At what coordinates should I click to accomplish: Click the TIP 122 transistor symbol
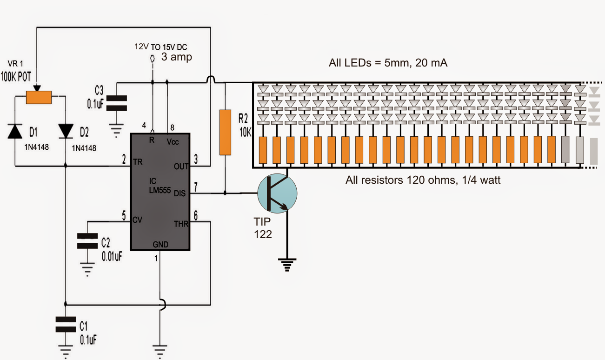click(277, 194)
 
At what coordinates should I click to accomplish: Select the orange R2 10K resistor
click(225, 132)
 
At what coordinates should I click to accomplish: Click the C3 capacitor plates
click(116, 103)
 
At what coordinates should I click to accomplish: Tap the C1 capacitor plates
click(65, 324)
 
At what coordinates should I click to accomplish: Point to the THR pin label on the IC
click(180, 224)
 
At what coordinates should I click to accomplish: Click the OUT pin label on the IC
click(180, 166)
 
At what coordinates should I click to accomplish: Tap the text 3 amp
click(177, 57)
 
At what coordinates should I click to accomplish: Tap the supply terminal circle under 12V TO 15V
click(152, 59)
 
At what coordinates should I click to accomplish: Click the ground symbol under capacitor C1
click(65, 351)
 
